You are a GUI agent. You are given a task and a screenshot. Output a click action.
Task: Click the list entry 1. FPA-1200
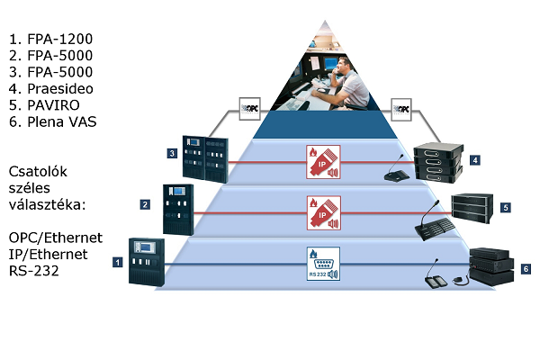50,40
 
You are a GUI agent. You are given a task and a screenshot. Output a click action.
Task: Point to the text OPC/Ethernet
56,237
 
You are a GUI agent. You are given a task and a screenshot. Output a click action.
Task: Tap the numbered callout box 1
117,262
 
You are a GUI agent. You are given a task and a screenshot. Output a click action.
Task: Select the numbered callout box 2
144,204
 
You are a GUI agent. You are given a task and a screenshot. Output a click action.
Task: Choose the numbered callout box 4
474,160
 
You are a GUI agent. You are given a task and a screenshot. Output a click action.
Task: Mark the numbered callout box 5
505,207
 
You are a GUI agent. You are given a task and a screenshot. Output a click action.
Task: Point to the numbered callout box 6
526,268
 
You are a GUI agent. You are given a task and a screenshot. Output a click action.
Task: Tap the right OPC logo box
404,109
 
